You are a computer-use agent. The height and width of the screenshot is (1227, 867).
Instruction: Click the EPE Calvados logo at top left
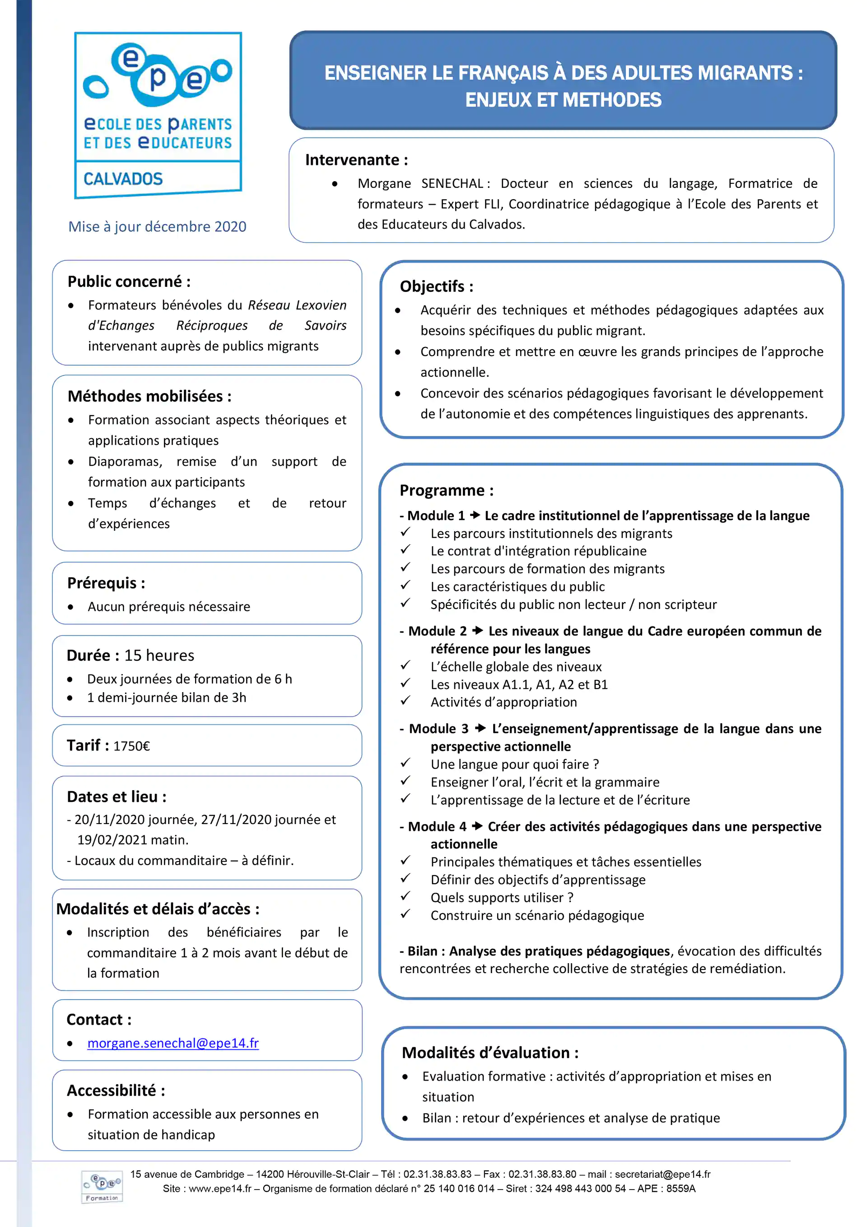point(158,114)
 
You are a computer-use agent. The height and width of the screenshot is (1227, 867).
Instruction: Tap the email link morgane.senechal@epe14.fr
point(172,1043)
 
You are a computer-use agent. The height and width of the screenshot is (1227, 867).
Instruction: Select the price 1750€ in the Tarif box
point(131,746)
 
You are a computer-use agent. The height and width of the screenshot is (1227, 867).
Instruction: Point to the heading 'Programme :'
point(446,490)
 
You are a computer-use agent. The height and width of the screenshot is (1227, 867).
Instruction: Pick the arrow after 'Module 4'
point(477,826)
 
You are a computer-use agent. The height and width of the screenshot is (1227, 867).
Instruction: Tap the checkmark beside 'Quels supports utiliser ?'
point(406,896)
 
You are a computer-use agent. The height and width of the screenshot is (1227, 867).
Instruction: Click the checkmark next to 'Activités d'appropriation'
point(406,701)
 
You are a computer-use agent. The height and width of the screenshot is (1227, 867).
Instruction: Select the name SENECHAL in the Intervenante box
point(452,183)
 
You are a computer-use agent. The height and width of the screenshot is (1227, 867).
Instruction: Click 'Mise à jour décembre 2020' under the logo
point(157,227)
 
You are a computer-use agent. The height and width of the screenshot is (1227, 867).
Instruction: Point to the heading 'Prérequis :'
point(106,583)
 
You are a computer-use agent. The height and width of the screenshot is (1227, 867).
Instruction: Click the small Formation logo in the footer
point(102,1186)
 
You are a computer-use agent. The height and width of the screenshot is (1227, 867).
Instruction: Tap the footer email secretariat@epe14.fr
point(662,1174)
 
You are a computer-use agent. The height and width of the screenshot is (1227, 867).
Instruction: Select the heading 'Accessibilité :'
point(116,1090)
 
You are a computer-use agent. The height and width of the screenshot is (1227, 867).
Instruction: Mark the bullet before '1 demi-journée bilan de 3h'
point(70,698)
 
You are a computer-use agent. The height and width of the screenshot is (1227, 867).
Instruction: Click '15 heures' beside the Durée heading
point(159,656)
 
